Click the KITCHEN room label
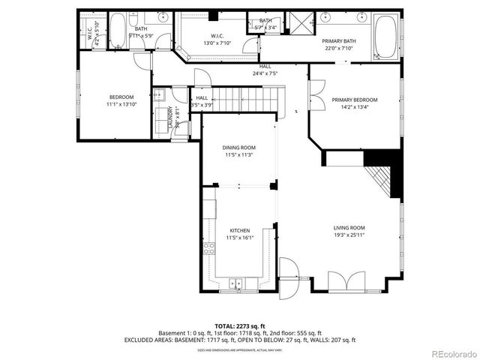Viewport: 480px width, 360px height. pos(239,230)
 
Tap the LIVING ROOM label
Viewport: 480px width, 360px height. pos(349,227)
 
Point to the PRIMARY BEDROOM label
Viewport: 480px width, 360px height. pos(355,100)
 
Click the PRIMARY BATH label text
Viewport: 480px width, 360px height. pos(339,41)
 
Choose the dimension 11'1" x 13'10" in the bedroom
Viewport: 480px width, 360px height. pos(121,104)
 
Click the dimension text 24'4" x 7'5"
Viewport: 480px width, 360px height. pos(265,73)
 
